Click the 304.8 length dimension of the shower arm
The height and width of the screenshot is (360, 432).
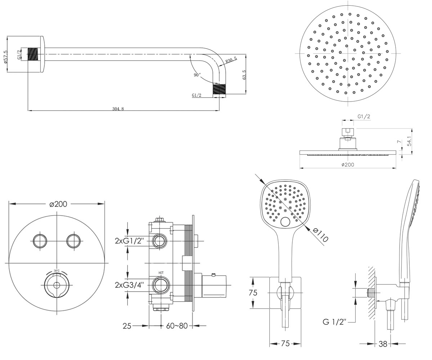point(118,109)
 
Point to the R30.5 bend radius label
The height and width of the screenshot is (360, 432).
point(231,60)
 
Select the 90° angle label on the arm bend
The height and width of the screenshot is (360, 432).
point(197,75)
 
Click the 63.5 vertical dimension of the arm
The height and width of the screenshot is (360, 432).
point(244,75)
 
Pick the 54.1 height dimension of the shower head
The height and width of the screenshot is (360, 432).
point(409,141)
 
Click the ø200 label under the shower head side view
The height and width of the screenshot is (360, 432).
point(348,165)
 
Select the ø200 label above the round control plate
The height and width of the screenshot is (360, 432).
point(58,204)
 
